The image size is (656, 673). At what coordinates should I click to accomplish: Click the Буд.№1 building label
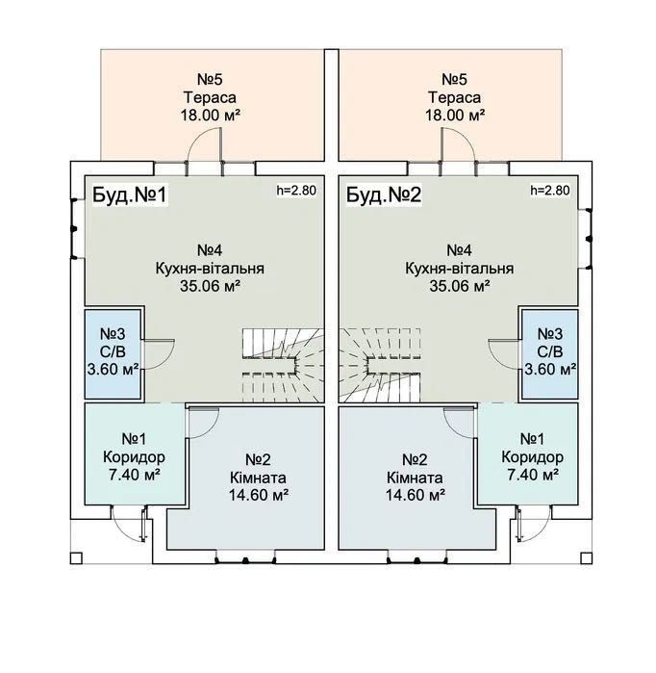[x=129, y=194]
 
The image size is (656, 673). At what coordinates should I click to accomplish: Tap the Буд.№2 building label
[x=384, y=194]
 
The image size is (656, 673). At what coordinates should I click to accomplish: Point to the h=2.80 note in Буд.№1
[x=296, y=190]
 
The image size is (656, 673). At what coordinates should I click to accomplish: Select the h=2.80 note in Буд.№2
[x=550, y=190]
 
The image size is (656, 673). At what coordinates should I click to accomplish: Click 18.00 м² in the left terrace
[x=210, y=116]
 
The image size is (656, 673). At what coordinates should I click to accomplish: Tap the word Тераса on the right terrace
[x=455, y=97]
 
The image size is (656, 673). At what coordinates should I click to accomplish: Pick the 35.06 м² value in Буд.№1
[x=210, y=286]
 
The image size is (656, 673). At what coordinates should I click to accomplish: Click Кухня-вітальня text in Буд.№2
[x=460, y=269]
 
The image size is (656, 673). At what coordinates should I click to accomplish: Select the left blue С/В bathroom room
[x=113, y=354]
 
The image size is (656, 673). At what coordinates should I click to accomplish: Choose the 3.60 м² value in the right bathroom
[x=550, y=370]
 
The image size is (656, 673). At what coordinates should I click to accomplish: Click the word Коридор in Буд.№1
[x=134, y=457]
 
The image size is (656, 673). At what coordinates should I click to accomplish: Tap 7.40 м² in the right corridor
[x=533, y=475]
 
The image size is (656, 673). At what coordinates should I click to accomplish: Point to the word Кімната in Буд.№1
[x=258, y=478]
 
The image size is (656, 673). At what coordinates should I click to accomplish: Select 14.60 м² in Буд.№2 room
[x=415, y=495]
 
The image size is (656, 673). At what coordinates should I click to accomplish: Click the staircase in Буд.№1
[x=283, y=365]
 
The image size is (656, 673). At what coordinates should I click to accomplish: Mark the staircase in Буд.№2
[x=380, y=365]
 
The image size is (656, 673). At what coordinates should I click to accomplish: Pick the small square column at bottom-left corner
[x=76, y=558]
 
